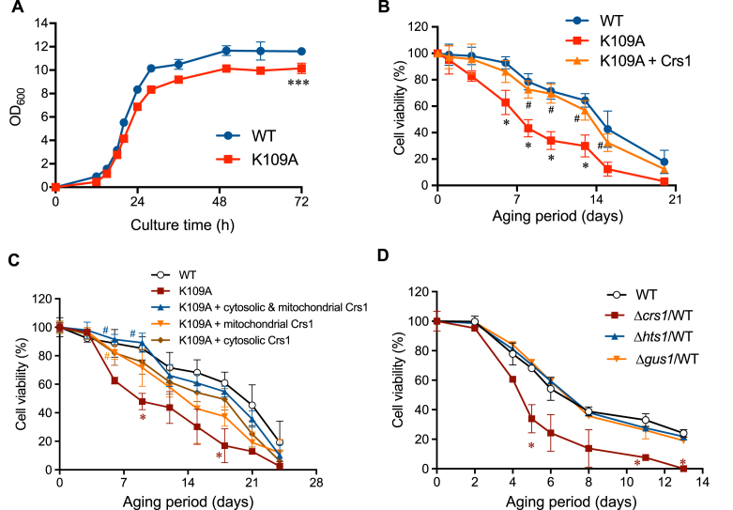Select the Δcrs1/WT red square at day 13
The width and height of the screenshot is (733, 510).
point(682,468)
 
